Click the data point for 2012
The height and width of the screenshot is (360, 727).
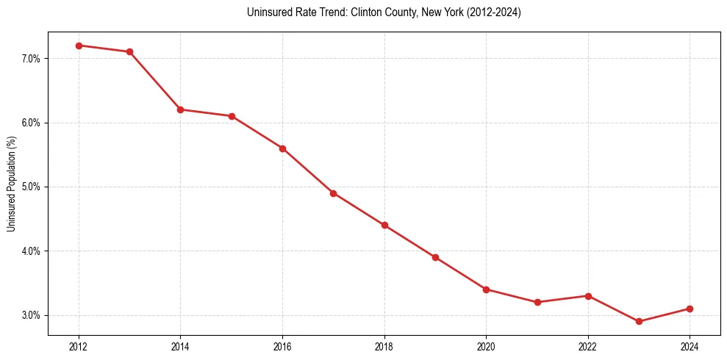click(79, 46)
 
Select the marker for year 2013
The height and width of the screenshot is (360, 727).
click(129, 51)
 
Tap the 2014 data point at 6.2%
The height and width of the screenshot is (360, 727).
click(180, 109)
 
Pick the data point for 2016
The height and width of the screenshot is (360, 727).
click(282, 148)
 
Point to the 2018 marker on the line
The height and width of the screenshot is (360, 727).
click(384, 225)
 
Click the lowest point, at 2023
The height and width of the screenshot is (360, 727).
click(639, 322)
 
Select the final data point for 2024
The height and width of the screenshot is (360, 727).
click(690, 309)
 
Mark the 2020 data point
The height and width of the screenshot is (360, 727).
click(486, 289)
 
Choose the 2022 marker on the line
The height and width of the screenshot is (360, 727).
click(588, 296)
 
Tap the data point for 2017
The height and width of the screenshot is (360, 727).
click(333, 193)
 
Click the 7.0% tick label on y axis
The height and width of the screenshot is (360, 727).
click(32, 58)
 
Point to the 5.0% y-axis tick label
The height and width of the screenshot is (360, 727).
click(32, 187)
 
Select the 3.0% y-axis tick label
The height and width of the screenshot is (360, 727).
click(32, 315)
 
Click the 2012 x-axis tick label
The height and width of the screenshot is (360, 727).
click(79, 345)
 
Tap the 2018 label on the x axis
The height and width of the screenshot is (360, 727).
click(384, 345)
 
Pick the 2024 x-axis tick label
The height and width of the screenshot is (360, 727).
click(690, 345)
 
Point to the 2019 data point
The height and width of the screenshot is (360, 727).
click(435, 257)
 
